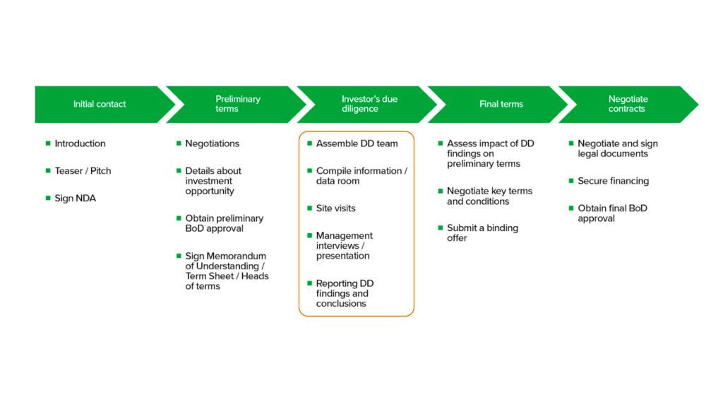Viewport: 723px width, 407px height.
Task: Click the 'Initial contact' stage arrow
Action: pos(100,105)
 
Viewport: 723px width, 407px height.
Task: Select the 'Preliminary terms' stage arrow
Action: pos(237,105)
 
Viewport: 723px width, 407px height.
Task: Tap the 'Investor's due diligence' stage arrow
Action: pos(369,105)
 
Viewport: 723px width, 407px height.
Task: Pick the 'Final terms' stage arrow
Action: pos(501,105)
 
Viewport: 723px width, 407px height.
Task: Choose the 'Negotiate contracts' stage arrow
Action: pos(627,105)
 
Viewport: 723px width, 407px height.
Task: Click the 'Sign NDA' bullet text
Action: pos(75,199)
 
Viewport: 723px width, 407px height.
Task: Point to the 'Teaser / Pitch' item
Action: pos(83,171)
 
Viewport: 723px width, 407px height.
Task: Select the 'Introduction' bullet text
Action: pos(80,143)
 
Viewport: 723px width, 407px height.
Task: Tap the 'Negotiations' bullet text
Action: pos(212,143)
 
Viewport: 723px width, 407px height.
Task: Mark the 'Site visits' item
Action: pos(335,208)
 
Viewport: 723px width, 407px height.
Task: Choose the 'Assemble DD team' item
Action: pos(357,143)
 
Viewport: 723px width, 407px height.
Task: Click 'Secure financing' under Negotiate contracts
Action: pos(613,181)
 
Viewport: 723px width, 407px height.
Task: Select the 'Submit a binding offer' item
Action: pos(482,233)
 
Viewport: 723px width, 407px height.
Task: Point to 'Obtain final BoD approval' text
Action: pos(612,213)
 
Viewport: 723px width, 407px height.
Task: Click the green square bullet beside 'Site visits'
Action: pos(309,208)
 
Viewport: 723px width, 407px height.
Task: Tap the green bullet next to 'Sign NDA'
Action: pos(48,198)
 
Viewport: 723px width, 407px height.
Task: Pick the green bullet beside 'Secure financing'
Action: pos(571,181)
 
